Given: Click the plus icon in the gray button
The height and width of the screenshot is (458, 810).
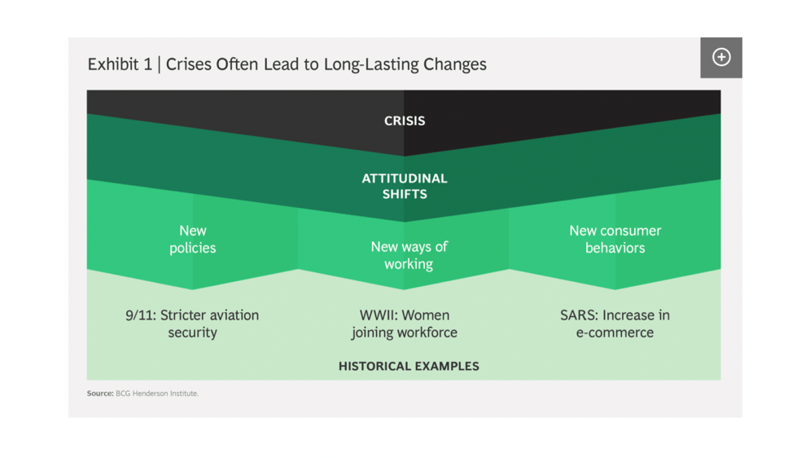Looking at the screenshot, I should point(721,57).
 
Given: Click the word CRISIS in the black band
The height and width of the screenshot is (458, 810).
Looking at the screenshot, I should point(405,121).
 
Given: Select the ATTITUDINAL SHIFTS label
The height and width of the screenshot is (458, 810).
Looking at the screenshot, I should point(405,186).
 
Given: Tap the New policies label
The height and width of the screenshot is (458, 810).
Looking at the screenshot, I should point(193,240).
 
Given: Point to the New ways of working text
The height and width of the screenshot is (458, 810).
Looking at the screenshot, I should point(409,255).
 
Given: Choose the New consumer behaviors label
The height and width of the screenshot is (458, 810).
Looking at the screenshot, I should point(615,240).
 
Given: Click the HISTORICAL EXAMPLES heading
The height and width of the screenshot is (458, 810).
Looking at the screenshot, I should point(409,366).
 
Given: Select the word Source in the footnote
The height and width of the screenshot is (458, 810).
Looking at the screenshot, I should point(99,394).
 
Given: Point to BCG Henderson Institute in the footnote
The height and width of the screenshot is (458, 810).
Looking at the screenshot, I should point(157,394).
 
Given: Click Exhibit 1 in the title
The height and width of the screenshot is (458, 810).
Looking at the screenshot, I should point(120,64).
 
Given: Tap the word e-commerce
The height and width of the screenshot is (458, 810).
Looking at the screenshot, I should point(615,332).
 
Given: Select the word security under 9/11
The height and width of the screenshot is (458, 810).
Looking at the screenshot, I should point(193,332).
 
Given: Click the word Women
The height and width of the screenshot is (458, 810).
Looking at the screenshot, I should point(427,315).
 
